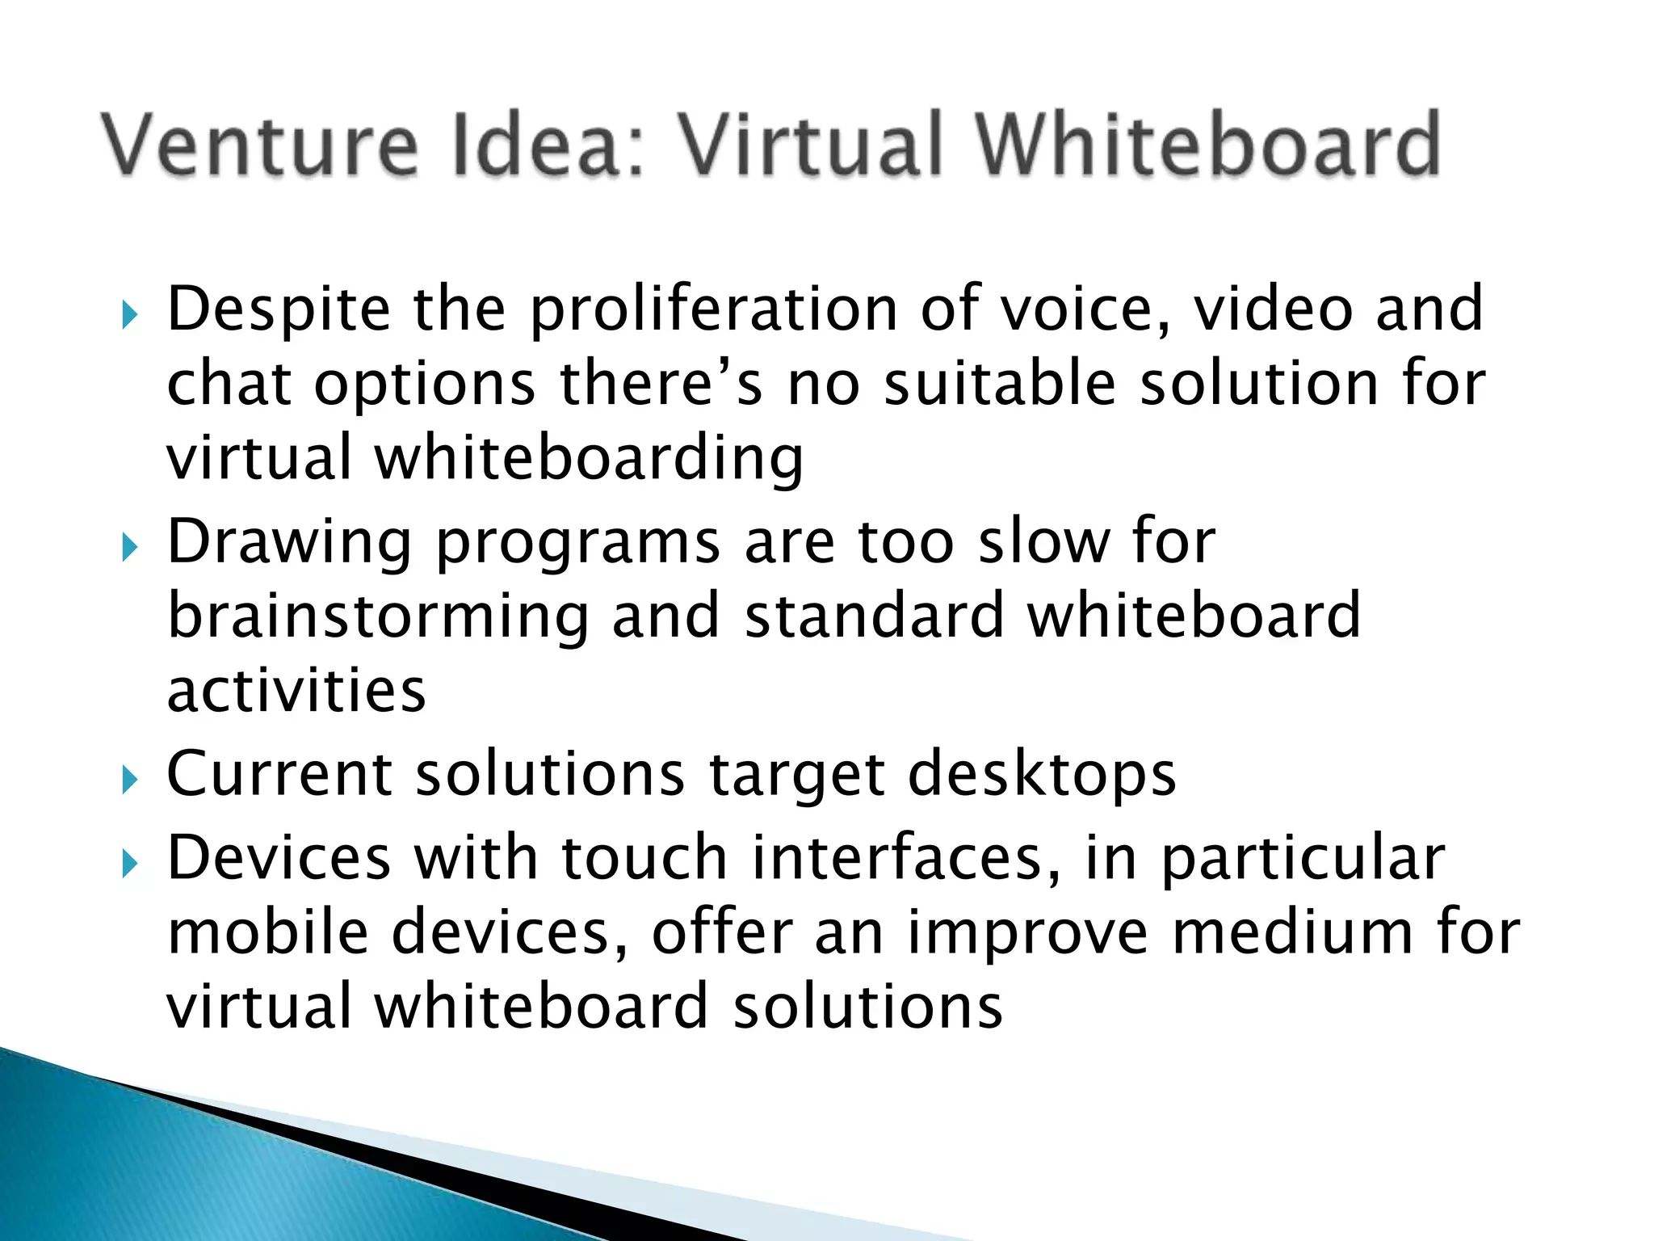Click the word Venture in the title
click(260, 145)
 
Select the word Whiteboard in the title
click(1207, 145)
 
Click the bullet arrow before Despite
click(130, 316)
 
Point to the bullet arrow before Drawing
click(130, 549)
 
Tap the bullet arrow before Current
click(130, 780)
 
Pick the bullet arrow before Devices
click(130, 864)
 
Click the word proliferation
click(714, 311)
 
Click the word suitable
click(1000, 384)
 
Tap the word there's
click(661, 384)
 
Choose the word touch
click(644, 858)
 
